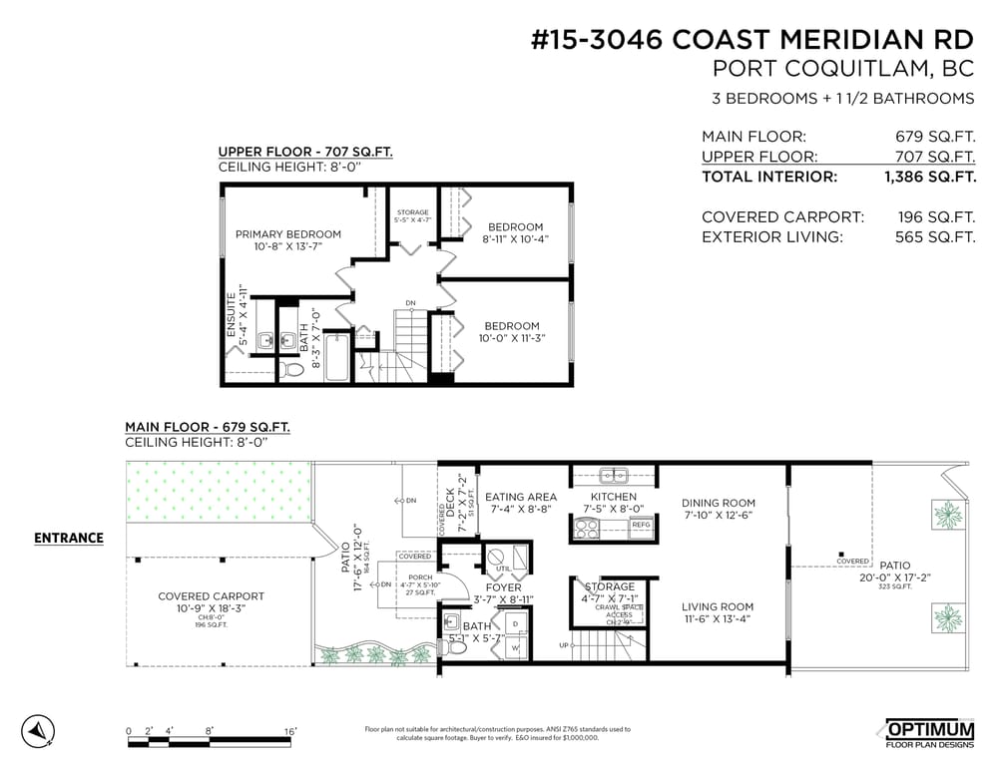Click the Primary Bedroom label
(287, 234)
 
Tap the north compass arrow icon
(37, 731)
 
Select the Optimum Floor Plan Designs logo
(929, 732)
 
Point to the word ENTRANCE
(69, 539)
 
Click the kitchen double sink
(613, 475)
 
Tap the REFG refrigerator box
(641, 525)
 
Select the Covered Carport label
(212, 596)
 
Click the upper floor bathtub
(337, 357)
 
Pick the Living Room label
(718, 606)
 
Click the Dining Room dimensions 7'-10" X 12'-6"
(719, 516)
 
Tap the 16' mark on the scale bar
(289, 731)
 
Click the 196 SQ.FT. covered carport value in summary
(934, 217)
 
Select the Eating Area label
(520, 497)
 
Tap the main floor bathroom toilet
(455, 646)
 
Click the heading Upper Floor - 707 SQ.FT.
(305, 152)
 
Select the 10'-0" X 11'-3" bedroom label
(511, 338)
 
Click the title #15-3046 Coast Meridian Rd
(752, 40)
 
